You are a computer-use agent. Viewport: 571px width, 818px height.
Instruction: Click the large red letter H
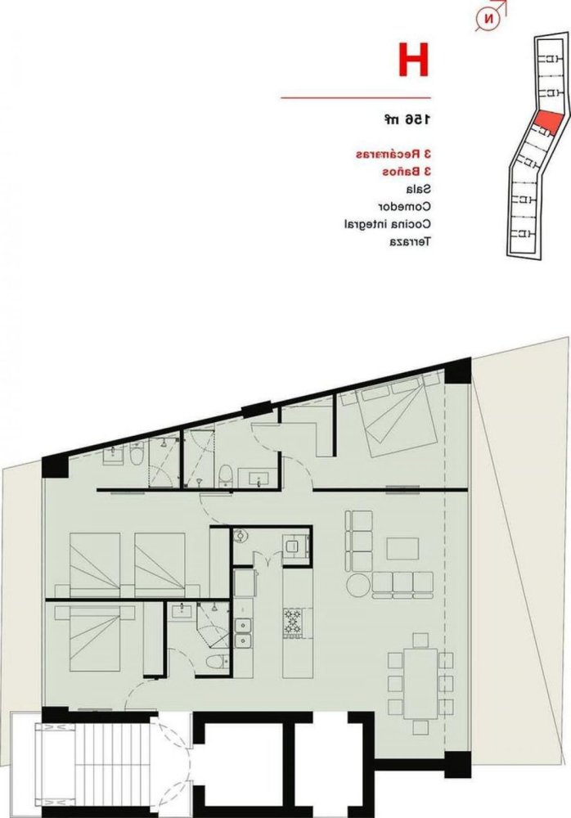tap(414, 60)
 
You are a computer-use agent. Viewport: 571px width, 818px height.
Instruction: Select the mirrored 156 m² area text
tap(407, 120)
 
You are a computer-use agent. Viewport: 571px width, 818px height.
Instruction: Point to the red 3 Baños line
tap(407, 172)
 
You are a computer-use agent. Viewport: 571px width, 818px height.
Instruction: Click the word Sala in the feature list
tap(416, 189)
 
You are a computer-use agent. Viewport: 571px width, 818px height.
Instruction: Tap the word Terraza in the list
tap(410, 241)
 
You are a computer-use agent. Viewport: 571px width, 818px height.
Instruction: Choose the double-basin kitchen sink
tap(243, 631)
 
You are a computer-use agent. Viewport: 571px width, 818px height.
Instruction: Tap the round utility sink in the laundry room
tap(241, 537)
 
